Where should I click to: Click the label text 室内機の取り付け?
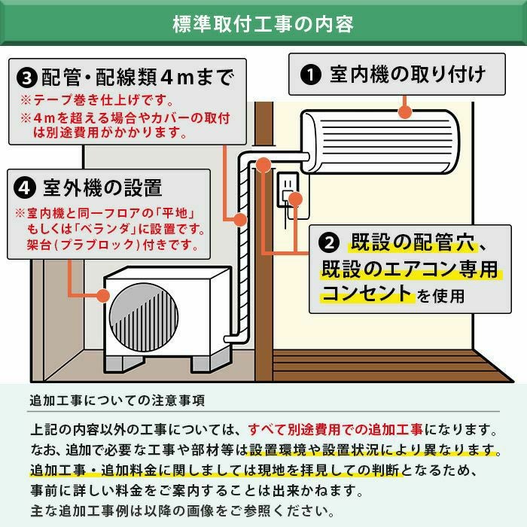pos(407,75)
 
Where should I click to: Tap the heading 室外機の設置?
pos(102,186)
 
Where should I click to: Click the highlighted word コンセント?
pos(367,294)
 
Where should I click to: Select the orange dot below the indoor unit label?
pos(405,113)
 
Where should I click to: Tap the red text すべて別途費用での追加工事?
pos(335,431)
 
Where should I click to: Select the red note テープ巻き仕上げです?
pos(102,100)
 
